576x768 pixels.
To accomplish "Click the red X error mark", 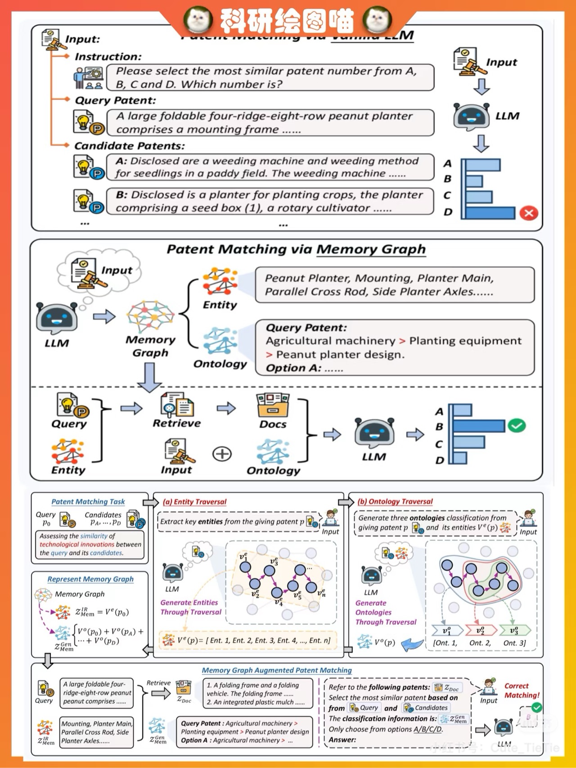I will coord(529,213).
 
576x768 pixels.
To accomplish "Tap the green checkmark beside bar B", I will coord(517,425).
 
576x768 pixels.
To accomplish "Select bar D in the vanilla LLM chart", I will coord(490,213).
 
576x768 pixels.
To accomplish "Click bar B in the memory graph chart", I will coord(478,426).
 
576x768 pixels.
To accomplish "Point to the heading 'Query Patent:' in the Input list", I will coord(115,100).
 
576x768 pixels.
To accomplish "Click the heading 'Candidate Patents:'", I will coord(130,146).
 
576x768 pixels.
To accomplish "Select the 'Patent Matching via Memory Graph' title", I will coord(296,249).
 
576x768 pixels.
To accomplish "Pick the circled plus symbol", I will coord(222,454).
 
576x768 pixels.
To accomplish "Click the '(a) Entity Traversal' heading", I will coord(194,502).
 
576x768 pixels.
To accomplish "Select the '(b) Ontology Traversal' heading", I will coord(395,502).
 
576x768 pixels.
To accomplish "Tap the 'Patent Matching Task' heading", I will coord(88,502).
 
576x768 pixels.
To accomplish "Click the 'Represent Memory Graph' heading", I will coord(90,579).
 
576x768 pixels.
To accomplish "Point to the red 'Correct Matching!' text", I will coord(522,691).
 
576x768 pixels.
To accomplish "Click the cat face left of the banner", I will coord(198,19).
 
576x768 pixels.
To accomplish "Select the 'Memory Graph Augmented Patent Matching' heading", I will coord(277,670).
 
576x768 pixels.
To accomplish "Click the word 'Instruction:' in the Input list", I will coord(108,57).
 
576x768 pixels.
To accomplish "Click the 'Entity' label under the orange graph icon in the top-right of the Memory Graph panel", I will coord(220,305).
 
